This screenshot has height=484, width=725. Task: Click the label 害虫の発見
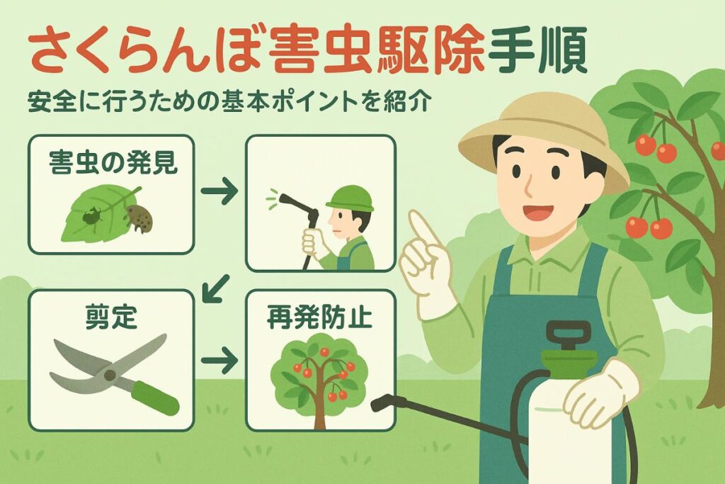pyautogui.click(x=113, y=162)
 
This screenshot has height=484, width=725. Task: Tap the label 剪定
pyautogui.click(x=111, y=317)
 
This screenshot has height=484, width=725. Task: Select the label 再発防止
pyautogui.click(x=319, y=317)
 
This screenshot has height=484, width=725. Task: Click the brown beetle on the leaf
pyautogui.click(x=139, y=218)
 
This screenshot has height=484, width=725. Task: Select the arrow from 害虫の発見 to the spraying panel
pyautogui.click(x=219, y=190)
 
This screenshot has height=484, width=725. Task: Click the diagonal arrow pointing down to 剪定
pyautogui.click(x=216, y=288)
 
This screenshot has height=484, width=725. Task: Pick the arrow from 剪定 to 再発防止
pyautogui.click(x=219, y=360)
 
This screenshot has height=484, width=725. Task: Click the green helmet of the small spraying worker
pyautogui.click(x=350, y=198)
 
